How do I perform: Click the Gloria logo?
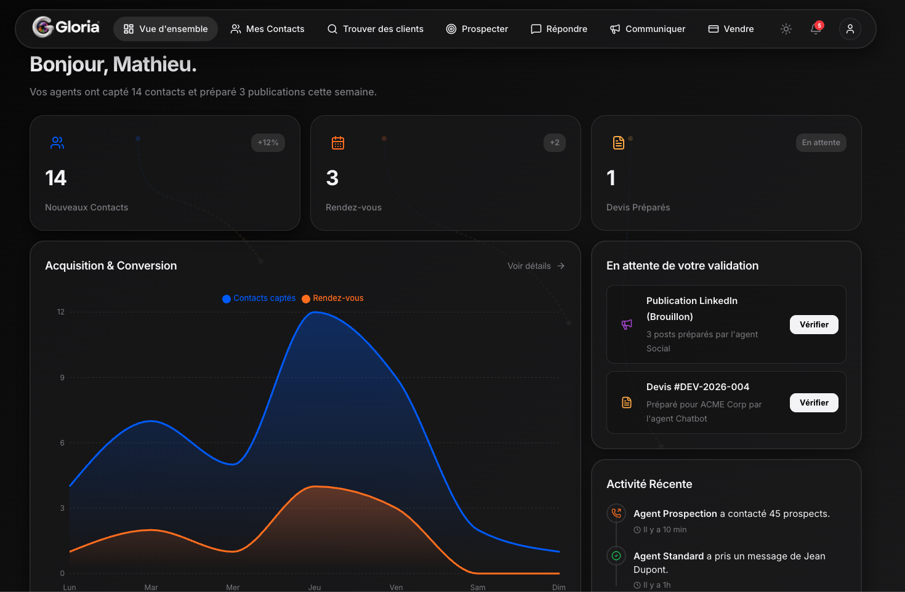point(66,28)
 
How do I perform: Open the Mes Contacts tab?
point(267,29)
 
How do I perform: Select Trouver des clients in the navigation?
point(376,29)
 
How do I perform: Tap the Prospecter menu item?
point(477,29)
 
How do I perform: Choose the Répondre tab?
point(559,29)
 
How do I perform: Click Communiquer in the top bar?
point(648,29)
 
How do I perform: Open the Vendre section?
point(731,29)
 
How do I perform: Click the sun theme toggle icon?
point(786,29)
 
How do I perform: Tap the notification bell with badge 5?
point(816,28)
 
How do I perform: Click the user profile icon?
point(850,29)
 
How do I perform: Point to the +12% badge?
point(268,143)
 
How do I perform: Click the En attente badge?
point(821,143)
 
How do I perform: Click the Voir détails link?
point(536,266)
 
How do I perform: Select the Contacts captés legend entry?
point(259,298)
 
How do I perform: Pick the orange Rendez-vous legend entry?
point(332,298)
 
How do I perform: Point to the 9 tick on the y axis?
point(62,378)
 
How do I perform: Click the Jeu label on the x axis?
point(315,587)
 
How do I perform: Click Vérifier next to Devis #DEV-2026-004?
point(814,402)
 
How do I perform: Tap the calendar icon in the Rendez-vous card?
point(338,143)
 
